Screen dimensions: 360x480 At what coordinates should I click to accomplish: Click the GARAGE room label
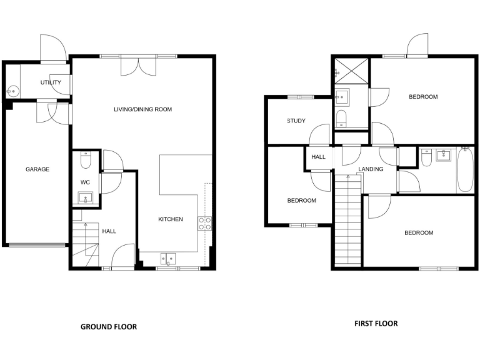point(37,169)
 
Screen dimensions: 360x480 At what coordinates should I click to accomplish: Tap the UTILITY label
point(51,82)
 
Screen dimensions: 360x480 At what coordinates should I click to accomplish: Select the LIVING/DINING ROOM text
point(142,109)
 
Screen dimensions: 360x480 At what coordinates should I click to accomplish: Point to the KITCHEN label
point(170,219)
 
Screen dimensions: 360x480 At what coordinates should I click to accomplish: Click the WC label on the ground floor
point(86,182)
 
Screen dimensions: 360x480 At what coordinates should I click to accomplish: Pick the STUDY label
point(296,121)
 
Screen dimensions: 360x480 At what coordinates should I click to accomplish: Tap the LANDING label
point(371,169)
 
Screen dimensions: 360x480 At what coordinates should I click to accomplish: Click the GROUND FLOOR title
point(109,327)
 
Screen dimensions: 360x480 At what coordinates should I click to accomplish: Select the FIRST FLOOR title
point(376,324)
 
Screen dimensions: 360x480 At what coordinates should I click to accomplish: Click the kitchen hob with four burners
point(205,223)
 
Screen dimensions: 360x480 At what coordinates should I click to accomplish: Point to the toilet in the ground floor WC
point(86,161)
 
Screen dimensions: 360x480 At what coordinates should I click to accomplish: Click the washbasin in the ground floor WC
point(86,199)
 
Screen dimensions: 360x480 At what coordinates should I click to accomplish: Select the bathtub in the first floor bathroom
point(465,170)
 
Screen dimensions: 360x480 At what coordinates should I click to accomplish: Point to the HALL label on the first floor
point(319,157)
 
